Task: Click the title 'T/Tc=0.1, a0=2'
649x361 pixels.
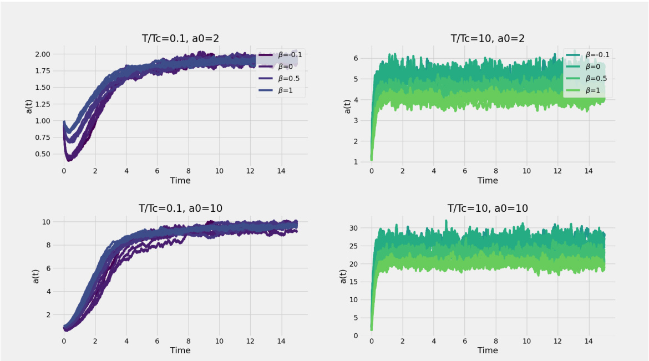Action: [x=180, y=38]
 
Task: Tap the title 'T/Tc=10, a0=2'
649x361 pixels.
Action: [x=488, y=38]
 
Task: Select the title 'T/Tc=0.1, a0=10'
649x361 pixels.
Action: [x=180, y=208]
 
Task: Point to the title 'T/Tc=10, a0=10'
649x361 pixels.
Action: [x=488, y=208]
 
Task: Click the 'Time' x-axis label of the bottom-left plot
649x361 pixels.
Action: [x=180, y=350]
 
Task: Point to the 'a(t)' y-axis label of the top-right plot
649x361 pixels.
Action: [x=348, y=107]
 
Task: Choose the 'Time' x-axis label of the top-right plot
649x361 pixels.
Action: [x=488, y=180]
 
